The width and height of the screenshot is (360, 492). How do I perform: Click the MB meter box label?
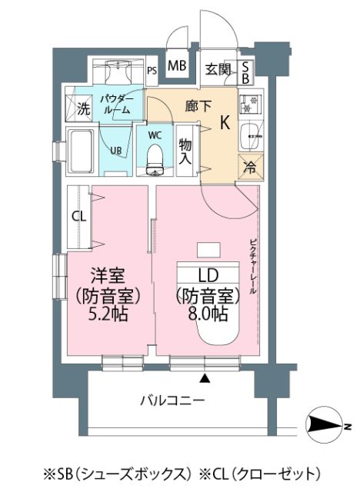(x=177, y=66)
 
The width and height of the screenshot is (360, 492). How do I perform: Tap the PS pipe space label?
(x=152, y=71)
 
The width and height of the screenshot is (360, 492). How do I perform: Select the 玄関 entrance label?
(x=218, y=69)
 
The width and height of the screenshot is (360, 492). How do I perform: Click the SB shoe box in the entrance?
(x=245, y=72)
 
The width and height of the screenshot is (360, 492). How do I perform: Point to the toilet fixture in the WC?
(x=155, y=160)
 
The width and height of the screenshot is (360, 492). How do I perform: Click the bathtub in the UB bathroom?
(x=81, y=152)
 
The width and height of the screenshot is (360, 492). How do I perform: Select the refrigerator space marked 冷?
(x=251, y=168)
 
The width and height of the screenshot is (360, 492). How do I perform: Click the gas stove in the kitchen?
(x=251, y=105)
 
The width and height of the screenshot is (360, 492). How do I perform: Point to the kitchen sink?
(x=251, y=137)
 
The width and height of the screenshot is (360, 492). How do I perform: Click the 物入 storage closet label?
(x=185, y=151)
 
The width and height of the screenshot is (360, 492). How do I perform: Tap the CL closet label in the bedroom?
(x=79, y=216)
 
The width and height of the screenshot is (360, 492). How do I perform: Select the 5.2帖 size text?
(x=108, y=314)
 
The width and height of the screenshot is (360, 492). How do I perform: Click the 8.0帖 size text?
(x=208, y=314)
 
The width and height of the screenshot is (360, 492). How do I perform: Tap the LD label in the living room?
(x=208, y=275)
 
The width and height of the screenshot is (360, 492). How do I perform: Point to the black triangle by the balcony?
(x=205, y=378)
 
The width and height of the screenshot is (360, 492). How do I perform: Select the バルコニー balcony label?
(x=172, y=401)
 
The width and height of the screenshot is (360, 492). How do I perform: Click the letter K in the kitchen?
(x=225, y=122)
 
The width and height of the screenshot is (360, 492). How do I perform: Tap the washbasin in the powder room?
(x=117, y=71)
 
